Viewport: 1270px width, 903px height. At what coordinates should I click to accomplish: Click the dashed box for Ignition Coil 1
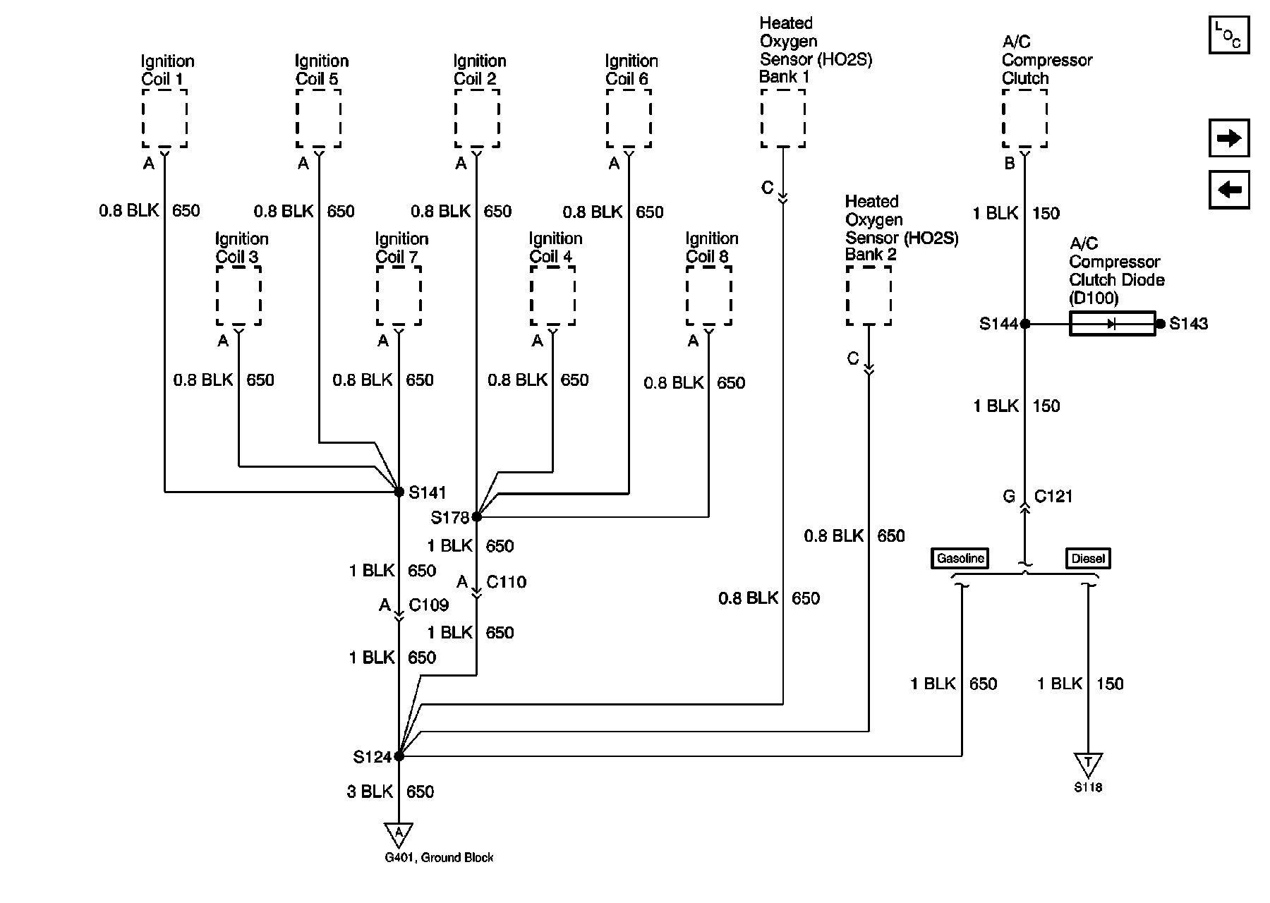164,118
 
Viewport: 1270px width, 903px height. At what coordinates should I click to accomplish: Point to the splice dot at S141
399,492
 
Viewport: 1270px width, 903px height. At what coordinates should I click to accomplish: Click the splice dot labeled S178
477,517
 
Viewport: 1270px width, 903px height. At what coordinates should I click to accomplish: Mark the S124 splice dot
399,756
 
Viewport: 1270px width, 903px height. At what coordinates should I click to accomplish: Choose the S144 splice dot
1025,324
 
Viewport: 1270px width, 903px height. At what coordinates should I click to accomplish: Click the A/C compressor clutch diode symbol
1112,324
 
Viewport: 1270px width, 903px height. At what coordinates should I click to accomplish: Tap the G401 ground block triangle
399,834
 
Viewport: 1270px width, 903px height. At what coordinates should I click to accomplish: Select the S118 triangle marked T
1088,763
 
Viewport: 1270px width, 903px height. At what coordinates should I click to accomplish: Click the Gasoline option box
960,558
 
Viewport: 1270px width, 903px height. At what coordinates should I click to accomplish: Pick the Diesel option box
1087,558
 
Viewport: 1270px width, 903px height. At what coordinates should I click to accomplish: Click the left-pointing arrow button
1229,190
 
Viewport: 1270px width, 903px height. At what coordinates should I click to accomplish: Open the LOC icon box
1228,35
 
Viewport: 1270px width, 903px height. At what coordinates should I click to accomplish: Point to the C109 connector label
428,605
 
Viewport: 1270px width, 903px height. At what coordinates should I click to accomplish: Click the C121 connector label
1053,497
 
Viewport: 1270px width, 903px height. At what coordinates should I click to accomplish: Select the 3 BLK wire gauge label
369,792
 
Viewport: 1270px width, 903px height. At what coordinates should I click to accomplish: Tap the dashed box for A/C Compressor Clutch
1024,118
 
